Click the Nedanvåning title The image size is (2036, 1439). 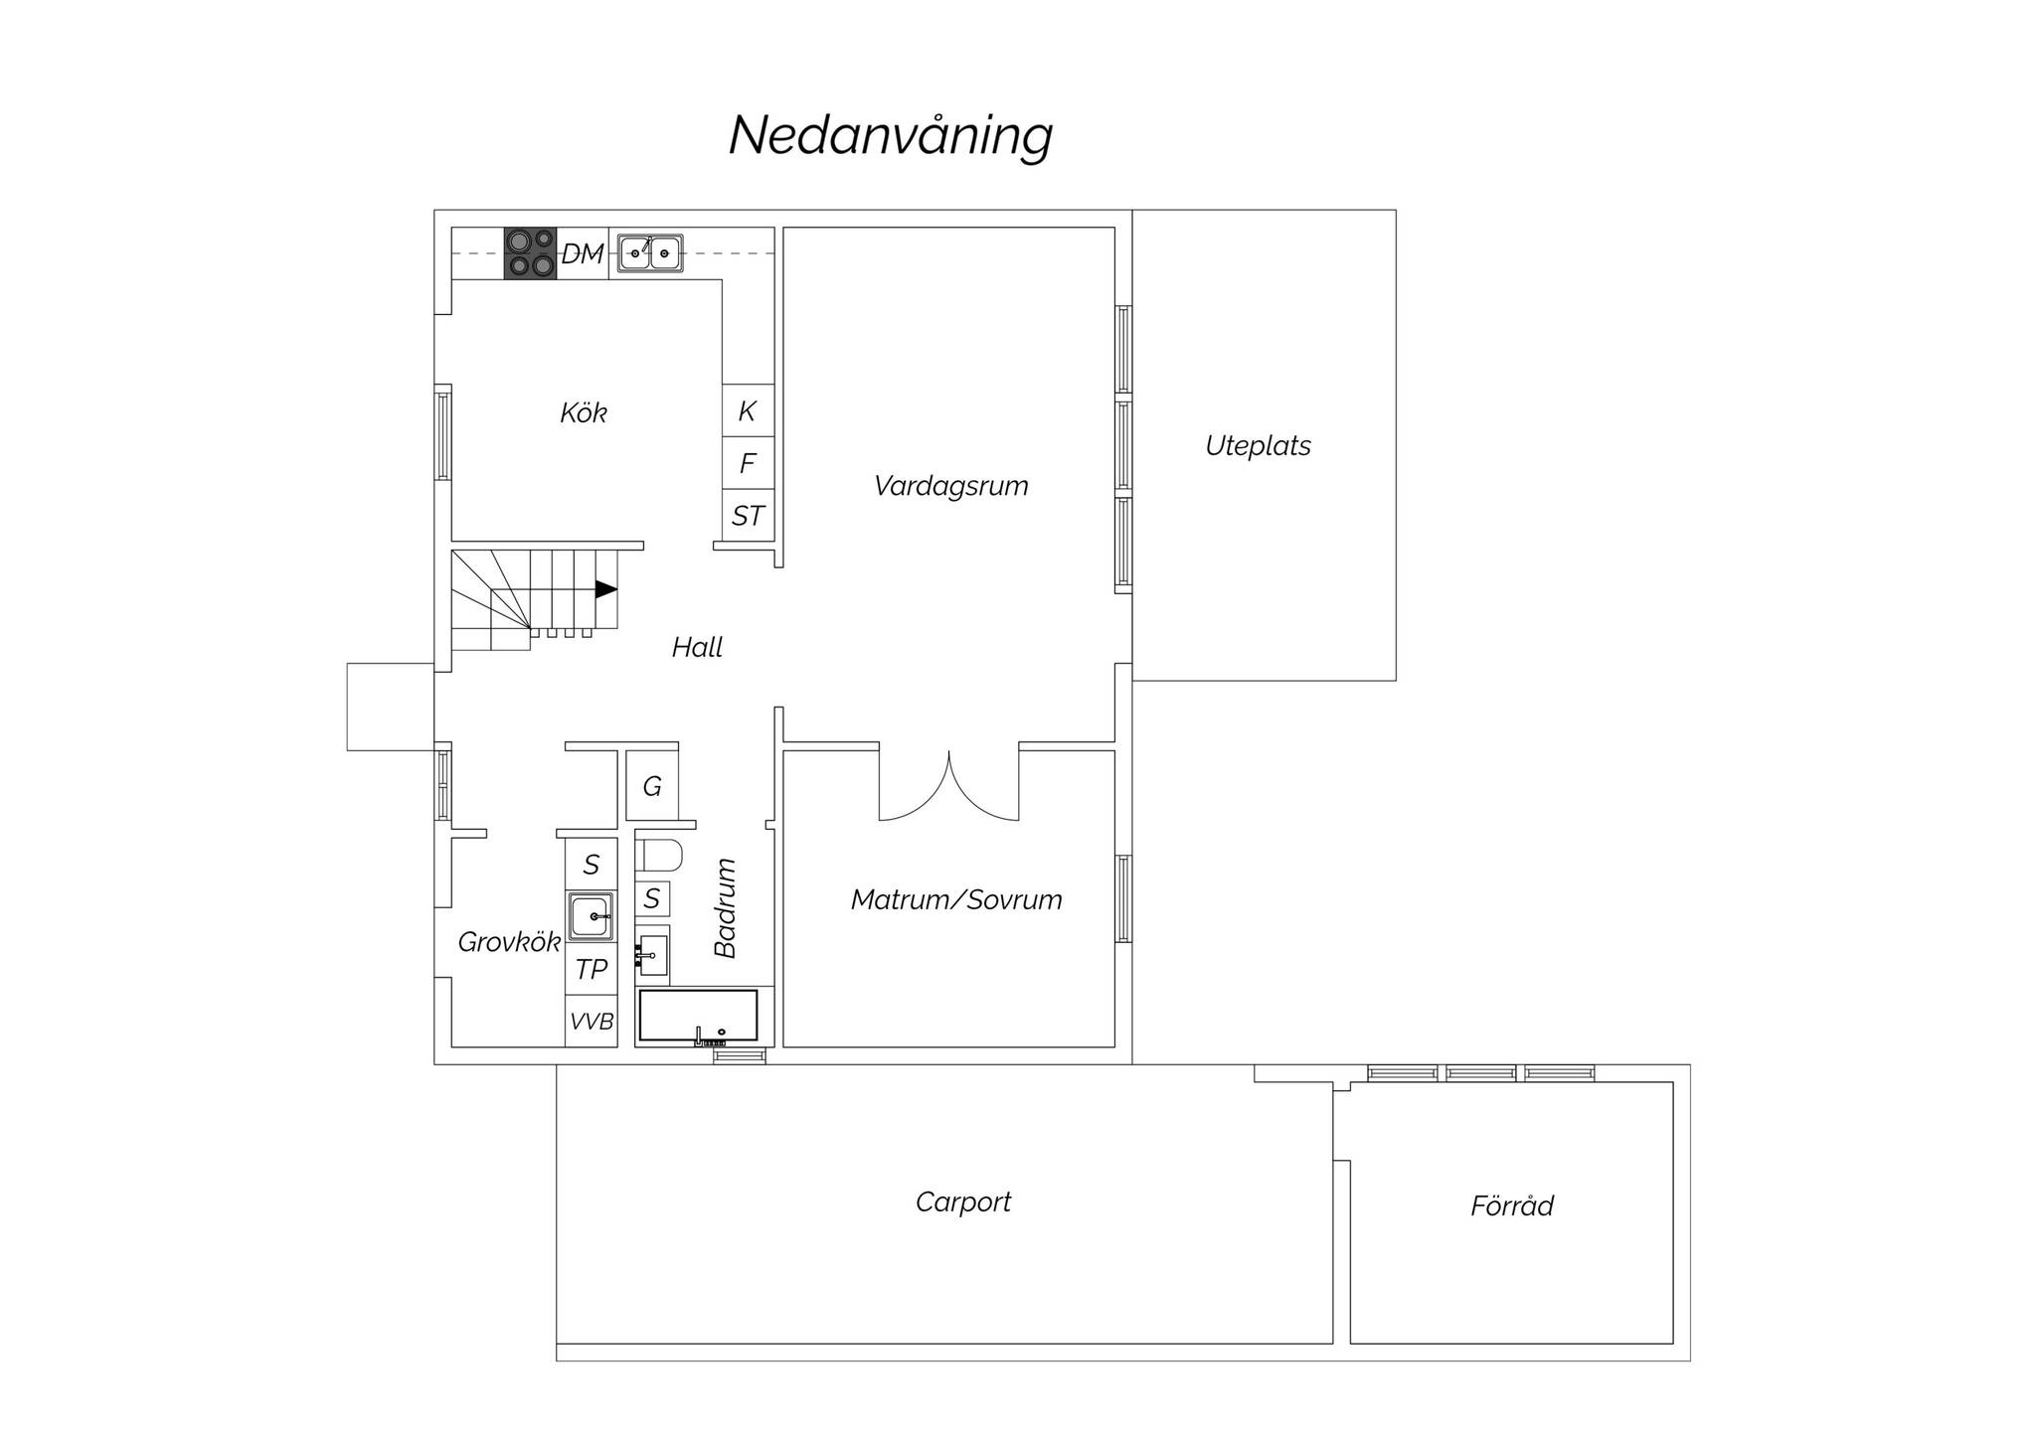(891, 136)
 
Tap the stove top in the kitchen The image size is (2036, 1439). (530, 253)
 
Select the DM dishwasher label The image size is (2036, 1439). (583, 254)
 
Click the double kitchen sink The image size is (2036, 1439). (650, 253)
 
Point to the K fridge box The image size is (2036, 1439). (748, 410)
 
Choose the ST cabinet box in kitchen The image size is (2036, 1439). (748, 516)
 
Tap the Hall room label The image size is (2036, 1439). (697, 648)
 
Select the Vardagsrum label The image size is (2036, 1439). (951, 487)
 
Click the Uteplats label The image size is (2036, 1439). (1258, 446)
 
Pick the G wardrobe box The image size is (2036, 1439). (652, 785)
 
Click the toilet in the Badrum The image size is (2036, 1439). (658, 856)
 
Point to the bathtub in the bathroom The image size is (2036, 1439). (698, 1016)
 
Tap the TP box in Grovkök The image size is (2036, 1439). (592, 969)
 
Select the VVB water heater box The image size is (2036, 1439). (592, 1021)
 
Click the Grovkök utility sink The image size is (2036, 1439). (592, 916)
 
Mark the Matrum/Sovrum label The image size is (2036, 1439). (956, 900)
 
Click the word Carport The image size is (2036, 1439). (963, 1202)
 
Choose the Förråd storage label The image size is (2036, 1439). (1512, 1205)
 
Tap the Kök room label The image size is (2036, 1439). (584, 412)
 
